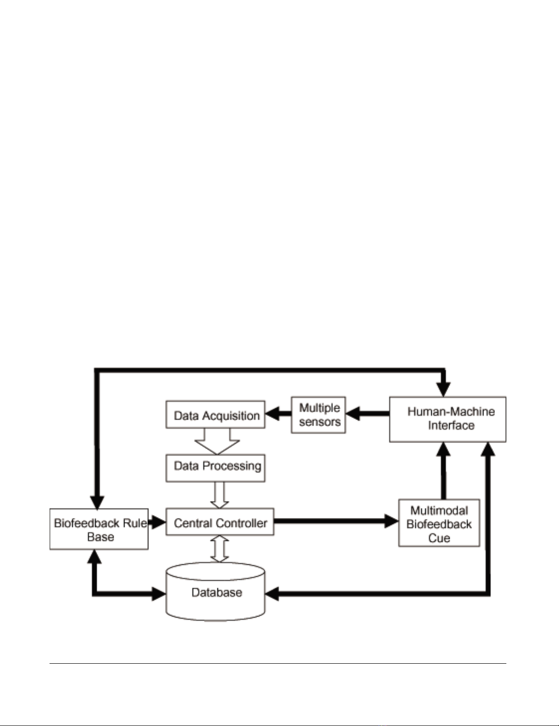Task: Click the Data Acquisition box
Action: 215,415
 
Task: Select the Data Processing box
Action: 215,468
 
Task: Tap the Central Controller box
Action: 220,522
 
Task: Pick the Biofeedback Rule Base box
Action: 99,529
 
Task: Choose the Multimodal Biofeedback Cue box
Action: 439,523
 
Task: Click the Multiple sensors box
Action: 319,415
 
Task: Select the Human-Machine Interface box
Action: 448,419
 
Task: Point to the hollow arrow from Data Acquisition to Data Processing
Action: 217,441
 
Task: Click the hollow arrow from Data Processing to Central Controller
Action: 220,495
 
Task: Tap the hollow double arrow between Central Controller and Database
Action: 220,549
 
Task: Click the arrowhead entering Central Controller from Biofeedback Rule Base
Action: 158,522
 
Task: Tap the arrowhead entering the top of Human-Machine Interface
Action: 443,390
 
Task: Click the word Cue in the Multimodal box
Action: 439,538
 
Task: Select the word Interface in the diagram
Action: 451,426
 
